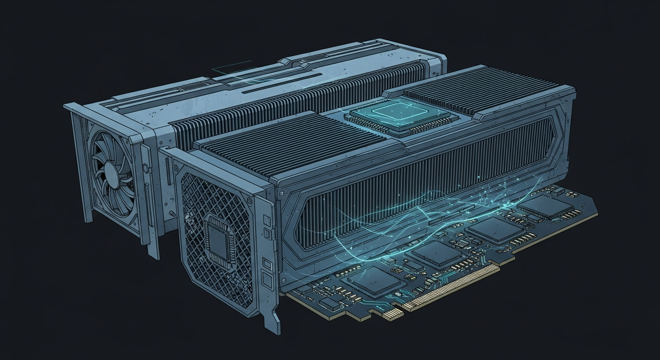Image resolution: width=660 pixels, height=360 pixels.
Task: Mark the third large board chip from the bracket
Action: (x=494, y=228)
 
